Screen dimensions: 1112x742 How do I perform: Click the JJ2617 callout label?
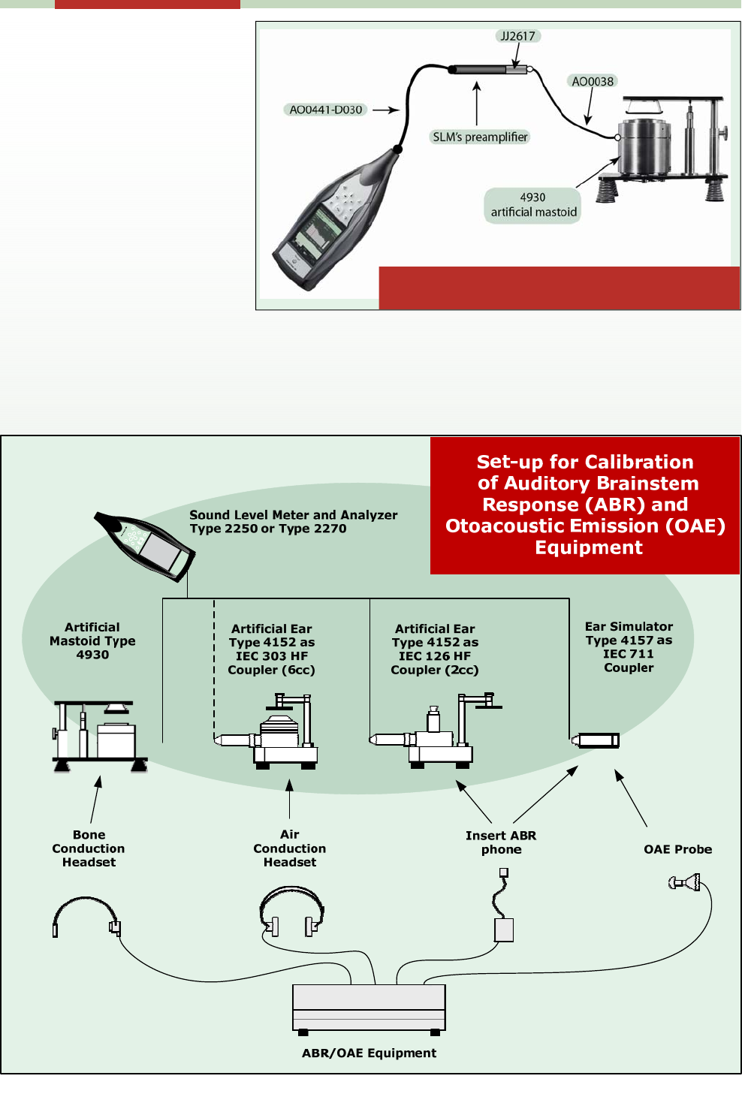(518, 36)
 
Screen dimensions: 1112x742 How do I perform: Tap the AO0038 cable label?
(593, 81)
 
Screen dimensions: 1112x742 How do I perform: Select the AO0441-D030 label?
(326, 110)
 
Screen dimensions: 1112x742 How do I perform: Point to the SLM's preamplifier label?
(480, 137)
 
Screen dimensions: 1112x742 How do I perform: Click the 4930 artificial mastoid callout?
(533, 205)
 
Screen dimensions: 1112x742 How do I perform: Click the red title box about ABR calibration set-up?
(585, 505)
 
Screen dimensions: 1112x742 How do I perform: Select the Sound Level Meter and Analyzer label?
(293, 521)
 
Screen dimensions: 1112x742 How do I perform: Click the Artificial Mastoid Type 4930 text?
(92, 640)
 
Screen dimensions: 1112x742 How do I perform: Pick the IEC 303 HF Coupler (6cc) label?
(271, 649)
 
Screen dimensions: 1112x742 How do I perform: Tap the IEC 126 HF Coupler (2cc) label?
(435, 649)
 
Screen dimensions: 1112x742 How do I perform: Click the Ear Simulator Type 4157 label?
(629, 646)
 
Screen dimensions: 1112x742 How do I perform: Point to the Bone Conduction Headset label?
(89, 848)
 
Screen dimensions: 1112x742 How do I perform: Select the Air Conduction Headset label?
(290, 848)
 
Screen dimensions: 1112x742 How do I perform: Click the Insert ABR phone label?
(501, 842)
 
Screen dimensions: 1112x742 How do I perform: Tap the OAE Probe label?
(677, 849)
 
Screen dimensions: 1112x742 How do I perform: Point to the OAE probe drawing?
(686, 882)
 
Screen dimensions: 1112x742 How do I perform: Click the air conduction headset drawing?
(292, 912)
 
